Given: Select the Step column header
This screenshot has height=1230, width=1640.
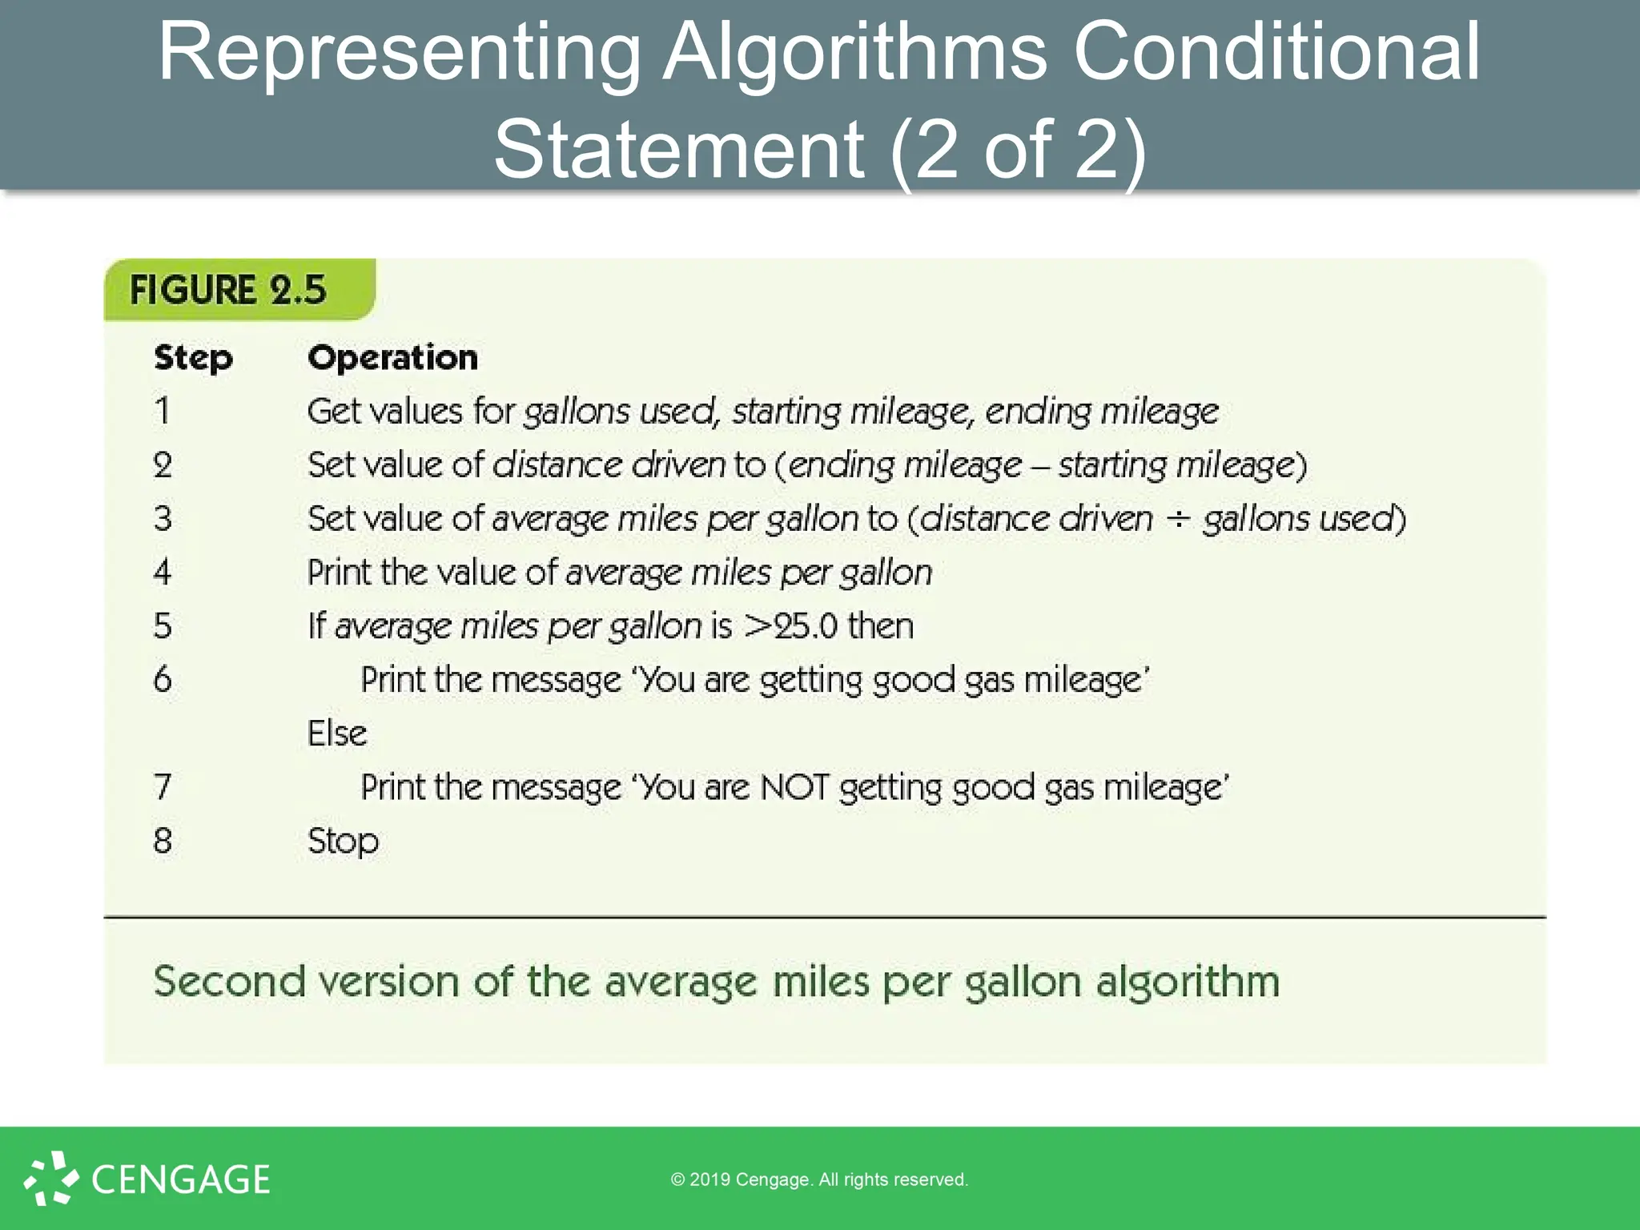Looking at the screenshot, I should pyautogui.click(x=193, y=358).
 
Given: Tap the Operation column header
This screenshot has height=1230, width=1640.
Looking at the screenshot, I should pyautogui.click(x=392, y=358).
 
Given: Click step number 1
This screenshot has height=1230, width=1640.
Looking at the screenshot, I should pyautogui.click(x=163, y=412).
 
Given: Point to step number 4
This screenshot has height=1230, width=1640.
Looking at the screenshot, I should pyautogui.click(x=163, y=573).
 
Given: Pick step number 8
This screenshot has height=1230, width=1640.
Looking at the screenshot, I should pyautogui.click(x=163, y=841).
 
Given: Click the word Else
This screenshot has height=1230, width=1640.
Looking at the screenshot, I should pyautogui.click(x=337, y=734).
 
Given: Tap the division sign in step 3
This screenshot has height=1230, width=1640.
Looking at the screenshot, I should pyautogui.click(x=1177, y=519).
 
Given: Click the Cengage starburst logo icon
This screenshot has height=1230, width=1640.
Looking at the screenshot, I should pyautogui.click(x=50, y=1178).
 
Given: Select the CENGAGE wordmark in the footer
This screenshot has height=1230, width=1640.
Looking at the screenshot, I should pyautogui.click(x=181, y=1180).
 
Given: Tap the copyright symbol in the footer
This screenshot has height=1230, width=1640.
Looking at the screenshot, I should pyautogui.click(x=677, y=1180).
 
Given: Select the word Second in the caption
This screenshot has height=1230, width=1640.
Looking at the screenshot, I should pyautogui.click(x=230, y=982).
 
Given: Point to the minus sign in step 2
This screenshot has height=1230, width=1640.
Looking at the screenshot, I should pyautogui.click(x=1039, y=466).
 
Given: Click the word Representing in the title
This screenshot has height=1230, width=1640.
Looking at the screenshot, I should pyautogui.click(x=399, y=53).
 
